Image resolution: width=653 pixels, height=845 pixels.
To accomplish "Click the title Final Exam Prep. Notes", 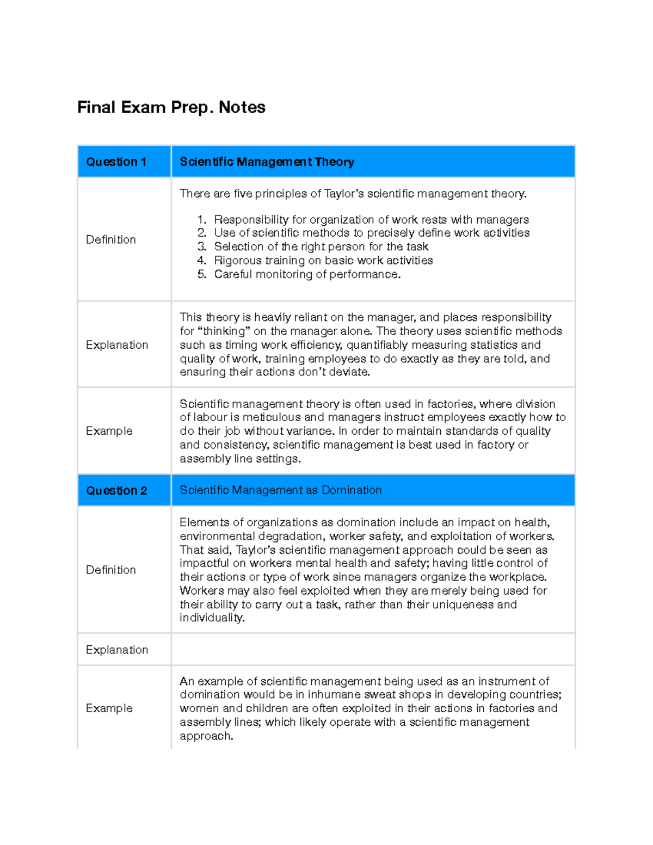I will [171, 107].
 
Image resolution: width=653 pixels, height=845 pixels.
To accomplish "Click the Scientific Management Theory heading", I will [267, 162].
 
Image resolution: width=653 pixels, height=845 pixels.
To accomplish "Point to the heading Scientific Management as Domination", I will [280, 490].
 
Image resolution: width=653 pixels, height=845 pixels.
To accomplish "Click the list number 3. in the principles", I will [202, 246].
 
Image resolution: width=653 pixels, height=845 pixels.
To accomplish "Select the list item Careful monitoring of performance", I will [307, 274].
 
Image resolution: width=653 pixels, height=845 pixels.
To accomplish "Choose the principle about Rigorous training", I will [323, 260].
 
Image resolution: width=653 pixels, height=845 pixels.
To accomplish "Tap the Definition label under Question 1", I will [111, 239].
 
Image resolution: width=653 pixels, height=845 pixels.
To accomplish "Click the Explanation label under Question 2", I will [117, 650].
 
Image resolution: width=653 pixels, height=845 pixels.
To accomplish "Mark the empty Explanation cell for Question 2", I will [373, 649].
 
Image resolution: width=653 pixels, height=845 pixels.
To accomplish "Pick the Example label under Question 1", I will [109, 431].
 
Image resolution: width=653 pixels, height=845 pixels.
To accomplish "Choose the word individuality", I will [212, 618].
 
